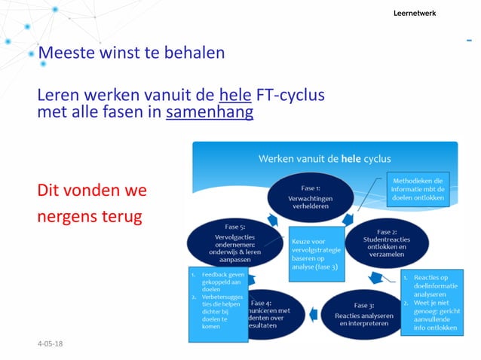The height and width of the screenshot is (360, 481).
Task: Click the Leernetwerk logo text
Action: point(415,14)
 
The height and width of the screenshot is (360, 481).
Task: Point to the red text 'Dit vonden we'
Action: point(92,191)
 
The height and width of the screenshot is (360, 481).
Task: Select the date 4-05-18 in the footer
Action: point(51,343)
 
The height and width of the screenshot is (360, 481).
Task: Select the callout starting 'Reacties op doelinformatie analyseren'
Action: point(435,298)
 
